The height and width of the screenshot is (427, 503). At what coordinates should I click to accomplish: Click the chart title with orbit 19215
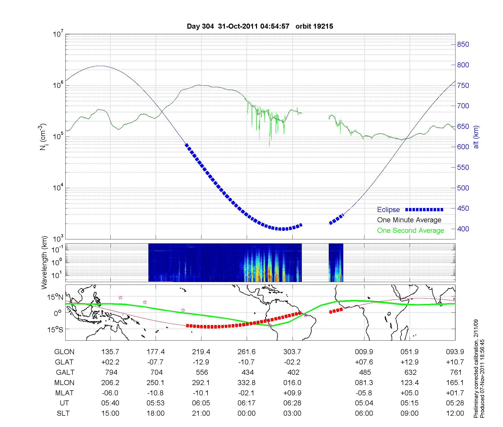click(260, 26)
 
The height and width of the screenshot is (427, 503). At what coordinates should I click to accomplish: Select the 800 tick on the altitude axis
click(463, 65)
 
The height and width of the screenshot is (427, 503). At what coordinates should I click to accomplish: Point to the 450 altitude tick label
click(463, 208)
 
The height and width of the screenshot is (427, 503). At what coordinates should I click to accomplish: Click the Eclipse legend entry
click(388, 210)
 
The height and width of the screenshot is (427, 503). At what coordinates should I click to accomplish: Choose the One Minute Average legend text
click(409, 220)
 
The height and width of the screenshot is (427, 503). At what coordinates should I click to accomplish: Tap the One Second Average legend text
click(410, 231)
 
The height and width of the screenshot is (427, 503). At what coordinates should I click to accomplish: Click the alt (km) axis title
click(476, 137)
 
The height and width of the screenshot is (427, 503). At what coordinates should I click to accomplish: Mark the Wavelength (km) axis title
click(45, 262)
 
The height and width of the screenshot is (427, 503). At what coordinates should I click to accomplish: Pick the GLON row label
click(64, 352)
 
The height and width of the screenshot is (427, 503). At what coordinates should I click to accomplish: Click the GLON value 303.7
click(292, 352)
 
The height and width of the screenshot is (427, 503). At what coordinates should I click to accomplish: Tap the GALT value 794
click(111, 372)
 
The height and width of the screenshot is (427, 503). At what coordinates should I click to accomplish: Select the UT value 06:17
click(246, 403)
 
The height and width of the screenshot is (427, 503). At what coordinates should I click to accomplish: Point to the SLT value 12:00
click(455, 413)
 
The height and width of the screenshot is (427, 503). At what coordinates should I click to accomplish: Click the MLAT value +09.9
click(292, 393)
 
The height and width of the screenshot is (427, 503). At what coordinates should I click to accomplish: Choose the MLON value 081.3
click(364, 383)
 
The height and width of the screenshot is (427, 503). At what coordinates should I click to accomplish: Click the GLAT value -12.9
click(201, 362)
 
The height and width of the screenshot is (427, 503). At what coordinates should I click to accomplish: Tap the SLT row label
click(63, 413)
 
